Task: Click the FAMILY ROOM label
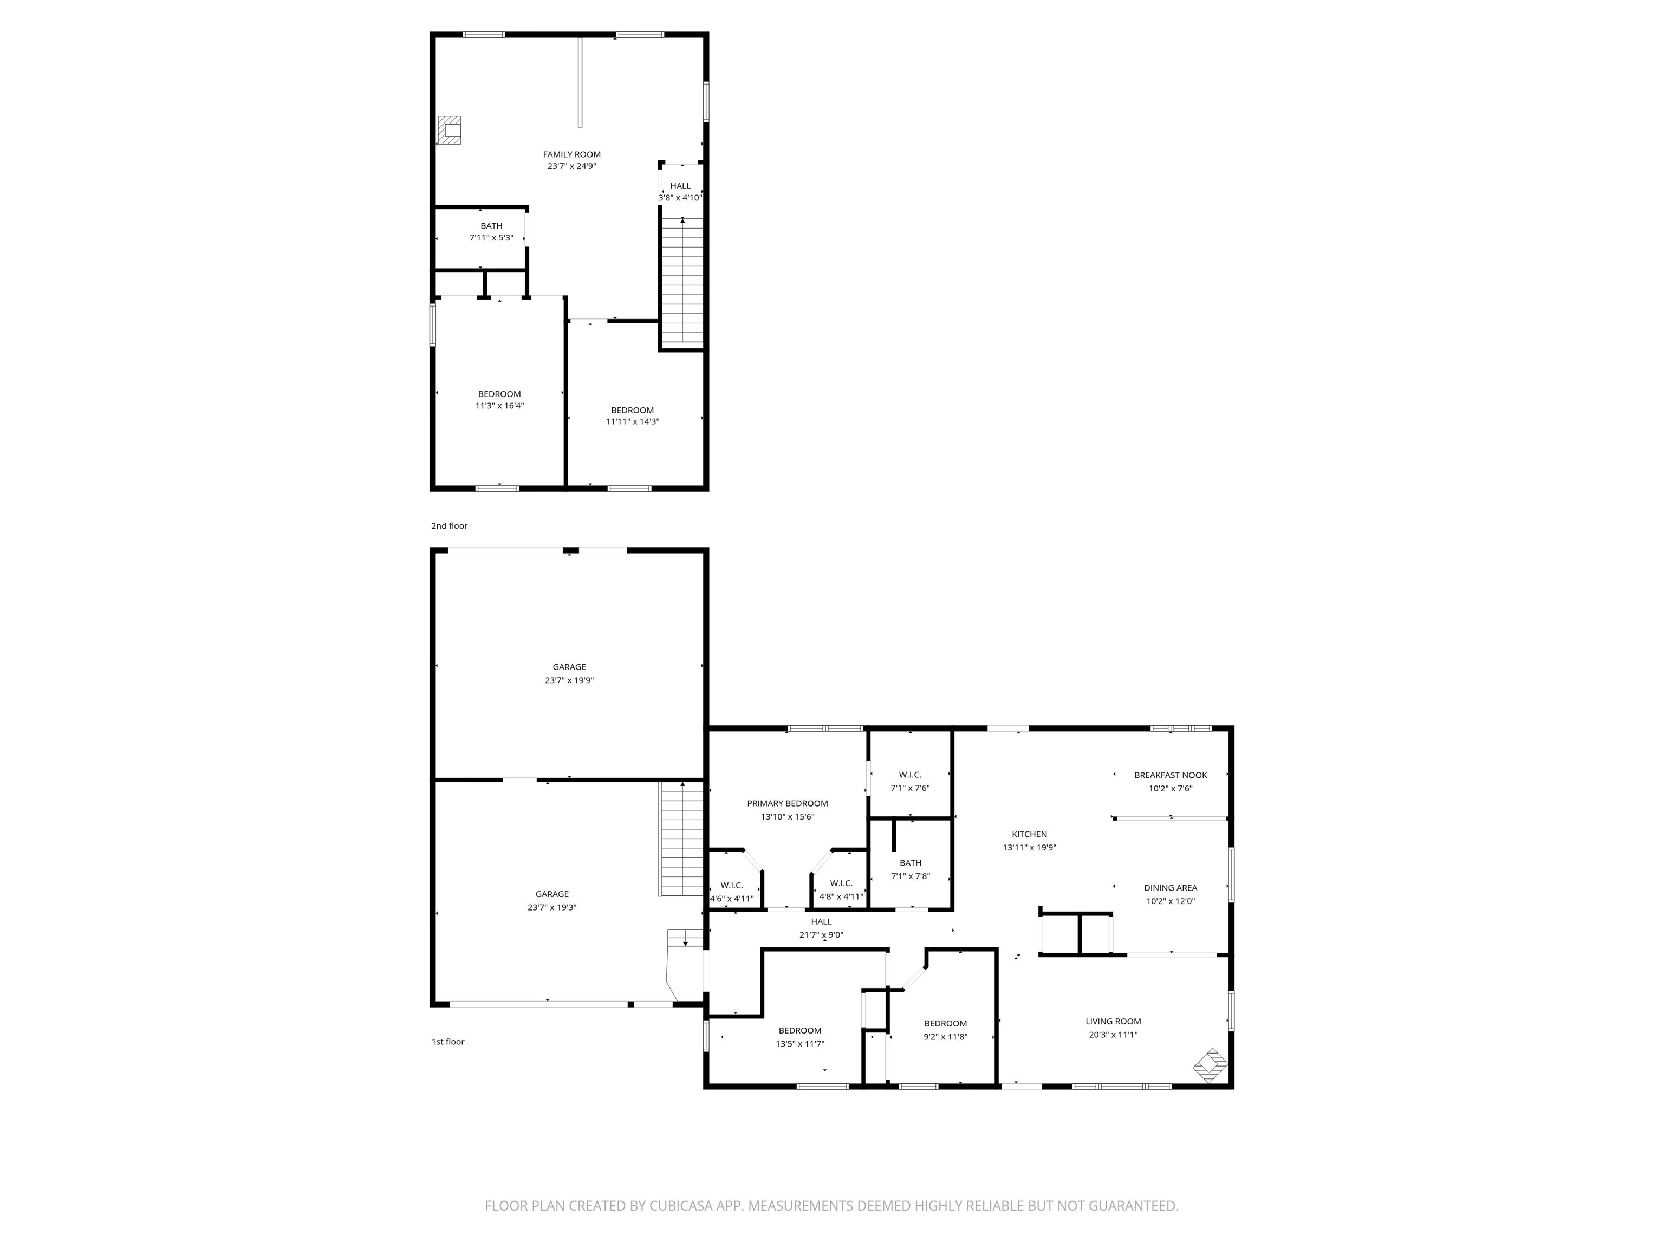[x=571, y=154]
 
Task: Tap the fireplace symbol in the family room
[x=450, y=130]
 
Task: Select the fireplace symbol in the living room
[x=1211, y=1065]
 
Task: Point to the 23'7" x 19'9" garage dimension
[x=569, y=680]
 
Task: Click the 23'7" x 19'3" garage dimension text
[x=551, y=907]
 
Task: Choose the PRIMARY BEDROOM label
[x=787, y=803]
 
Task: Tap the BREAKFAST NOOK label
[x=1170, y=775]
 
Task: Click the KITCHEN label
[x=1029, y=834]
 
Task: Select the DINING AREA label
[x=1170, y=888]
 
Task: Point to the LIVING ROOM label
[x=1113, y=1021]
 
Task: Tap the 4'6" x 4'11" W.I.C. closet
[x=731, y=892]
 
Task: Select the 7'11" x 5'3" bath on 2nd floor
[x=491, y=232]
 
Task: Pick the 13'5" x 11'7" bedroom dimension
[x=799, y=1044]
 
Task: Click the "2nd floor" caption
[x=449, y=526]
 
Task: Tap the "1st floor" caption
[x=447, y=1042]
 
